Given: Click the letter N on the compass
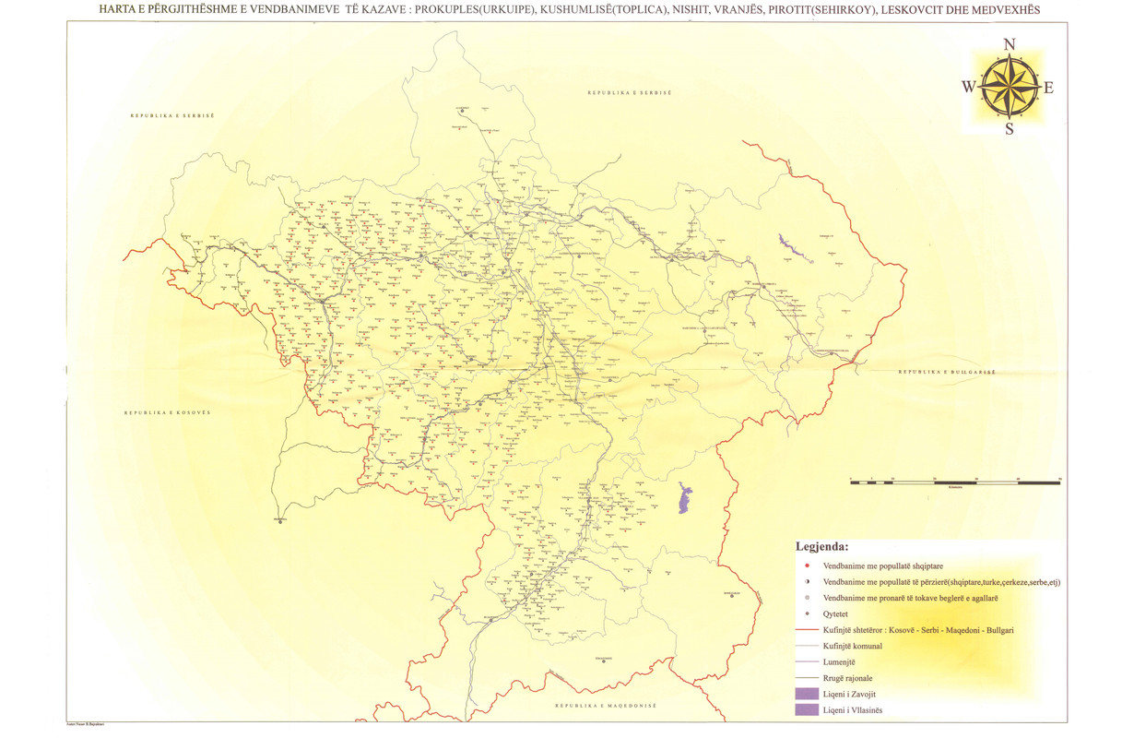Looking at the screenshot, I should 1010,44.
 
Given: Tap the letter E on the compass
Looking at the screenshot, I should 1048,89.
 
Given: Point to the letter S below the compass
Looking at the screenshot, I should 1010,129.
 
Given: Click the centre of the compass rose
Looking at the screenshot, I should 1009,87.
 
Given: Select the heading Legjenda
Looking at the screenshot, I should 821,546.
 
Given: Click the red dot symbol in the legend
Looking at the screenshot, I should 807,565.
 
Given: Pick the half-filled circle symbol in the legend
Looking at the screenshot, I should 807,582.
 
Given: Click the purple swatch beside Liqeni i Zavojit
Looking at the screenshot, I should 805,694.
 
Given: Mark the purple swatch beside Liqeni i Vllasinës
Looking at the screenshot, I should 805,709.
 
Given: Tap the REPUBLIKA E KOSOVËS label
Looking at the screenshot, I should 168,412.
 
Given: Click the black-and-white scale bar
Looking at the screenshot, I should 954,482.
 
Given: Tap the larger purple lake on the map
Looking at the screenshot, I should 683,499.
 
